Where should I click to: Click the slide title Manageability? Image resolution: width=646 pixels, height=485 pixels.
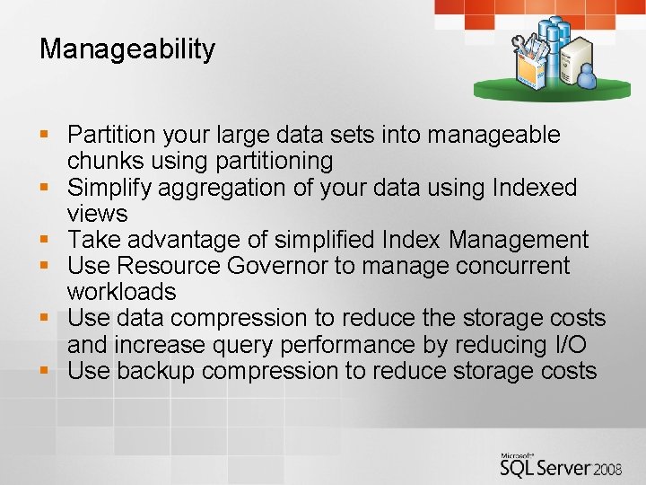pyautogui.click(x=127, y=48)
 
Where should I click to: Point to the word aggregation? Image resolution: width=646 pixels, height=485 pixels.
pyautogui.click(x=212, y=188)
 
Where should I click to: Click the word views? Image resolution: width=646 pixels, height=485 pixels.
pyautogui.click(x=97, y=214)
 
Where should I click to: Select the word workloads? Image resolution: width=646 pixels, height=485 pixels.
pyautogui.click(x=121, y=292)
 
